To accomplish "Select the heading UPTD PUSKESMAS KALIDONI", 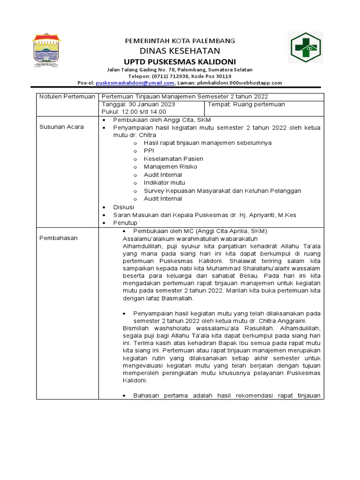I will [x=180, y=62].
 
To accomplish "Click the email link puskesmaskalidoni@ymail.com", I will [x=135, y=83].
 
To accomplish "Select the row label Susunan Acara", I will [x=55, y=127].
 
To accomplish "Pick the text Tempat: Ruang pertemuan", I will [x=246, y=105].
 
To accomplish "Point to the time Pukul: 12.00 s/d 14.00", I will [x=134, y=112].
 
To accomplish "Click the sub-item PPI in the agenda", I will [x=149, y=151].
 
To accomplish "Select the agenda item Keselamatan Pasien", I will [x=173, y=159].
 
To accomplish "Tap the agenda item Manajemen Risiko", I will [x=170, y=167].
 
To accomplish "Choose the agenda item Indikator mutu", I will [x=164, y=183].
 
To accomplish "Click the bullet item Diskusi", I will [x=124, y=207].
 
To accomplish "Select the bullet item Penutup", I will [x=125, y=223].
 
